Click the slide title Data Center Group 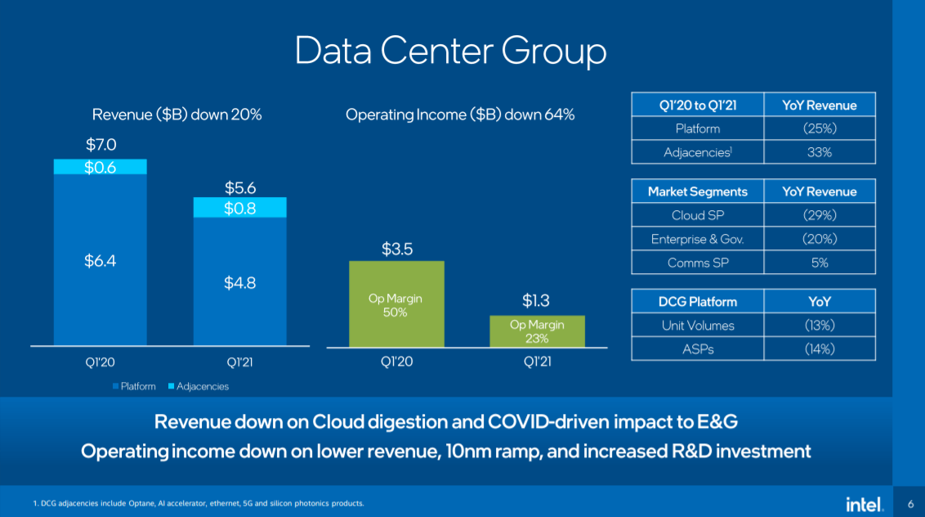[450, 51]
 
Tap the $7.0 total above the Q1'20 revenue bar [101, 145]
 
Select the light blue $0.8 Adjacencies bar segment [240, 208]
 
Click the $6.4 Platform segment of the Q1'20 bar [101, 260]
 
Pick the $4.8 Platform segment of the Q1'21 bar [240, 282]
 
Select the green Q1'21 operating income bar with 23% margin [537, 330]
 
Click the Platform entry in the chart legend [134, 386]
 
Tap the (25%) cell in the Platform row [819, 128]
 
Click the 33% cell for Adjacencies [819, 152]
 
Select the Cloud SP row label [697, 216]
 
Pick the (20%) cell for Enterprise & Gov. [819, 239]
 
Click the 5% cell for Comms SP [819, 263]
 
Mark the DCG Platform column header [697, 302]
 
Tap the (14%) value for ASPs [819, 348]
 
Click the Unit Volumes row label [697, 325]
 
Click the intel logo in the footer [864, 504]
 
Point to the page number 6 [910, 503]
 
